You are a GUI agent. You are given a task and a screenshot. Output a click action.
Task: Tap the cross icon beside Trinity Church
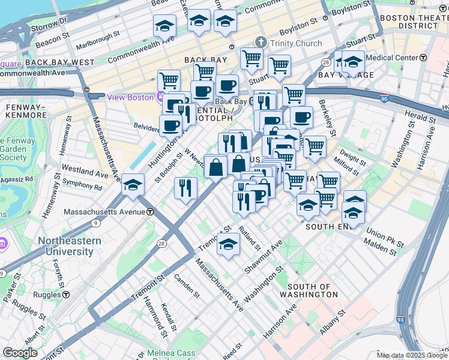click(x=261, y=42)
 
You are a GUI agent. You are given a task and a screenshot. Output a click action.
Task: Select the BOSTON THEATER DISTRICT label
click(x=414, y=22)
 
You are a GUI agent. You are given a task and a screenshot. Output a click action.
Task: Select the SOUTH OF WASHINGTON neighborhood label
click(x=312, y=291)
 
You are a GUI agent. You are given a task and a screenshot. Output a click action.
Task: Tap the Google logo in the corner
click(x=20, y=353)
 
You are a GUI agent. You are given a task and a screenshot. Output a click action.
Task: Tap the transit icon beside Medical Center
click(x=423, y=58)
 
